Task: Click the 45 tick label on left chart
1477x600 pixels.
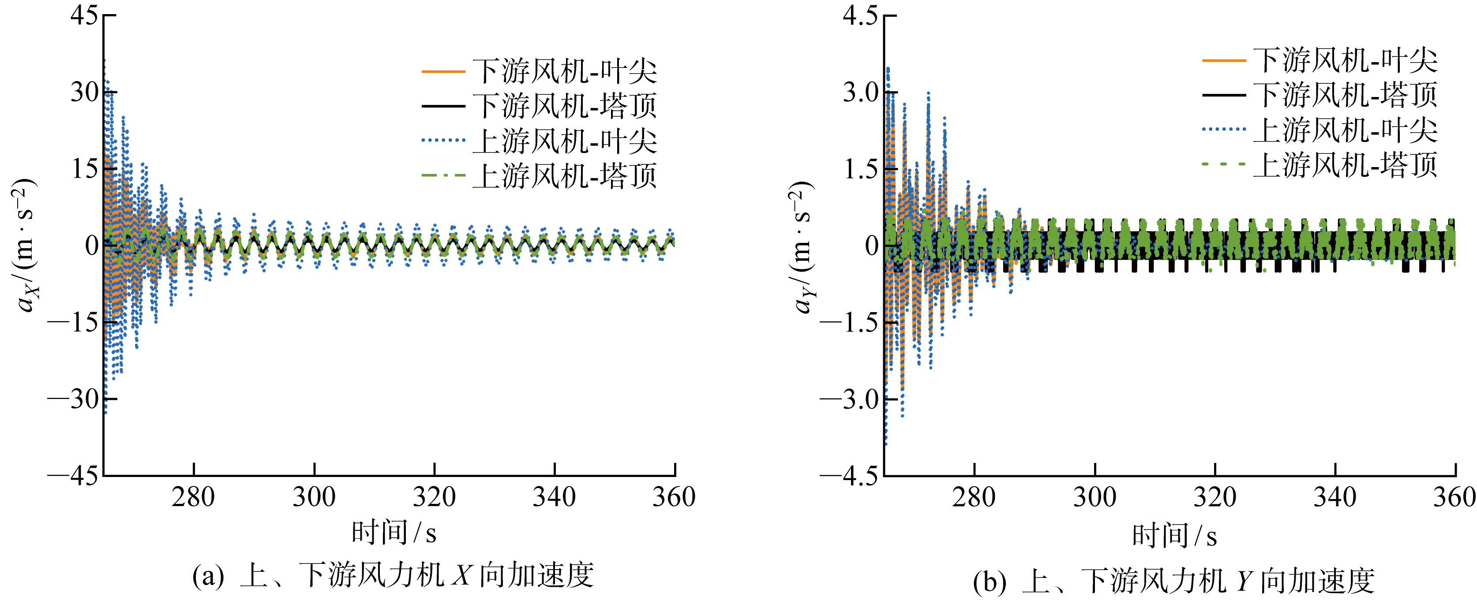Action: (84, 15)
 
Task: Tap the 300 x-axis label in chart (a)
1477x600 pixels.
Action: (314, 497)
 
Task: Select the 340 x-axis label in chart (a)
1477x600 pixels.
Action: (554, 497)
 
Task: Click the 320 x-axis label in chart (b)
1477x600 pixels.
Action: (1215, 497)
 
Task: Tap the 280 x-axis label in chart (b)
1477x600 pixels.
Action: (974, 497)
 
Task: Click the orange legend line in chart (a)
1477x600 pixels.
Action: (443, 71)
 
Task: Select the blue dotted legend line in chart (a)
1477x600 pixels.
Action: (443, 140)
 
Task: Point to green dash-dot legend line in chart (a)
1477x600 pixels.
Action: (443, 175)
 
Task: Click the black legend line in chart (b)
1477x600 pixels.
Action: (1224, 94)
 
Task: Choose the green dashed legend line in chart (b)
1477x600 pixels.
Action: (1224, 164)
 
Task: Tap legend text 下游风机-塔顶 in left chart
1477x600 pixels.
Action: (565, 106)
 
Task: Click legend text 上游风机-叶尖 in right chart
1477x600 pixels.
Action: (1345, 130)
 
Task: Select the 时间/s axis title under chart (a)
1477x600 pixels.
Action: (394, 533)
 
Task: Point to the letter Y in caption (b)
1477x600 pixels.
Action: (1243, 581)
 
